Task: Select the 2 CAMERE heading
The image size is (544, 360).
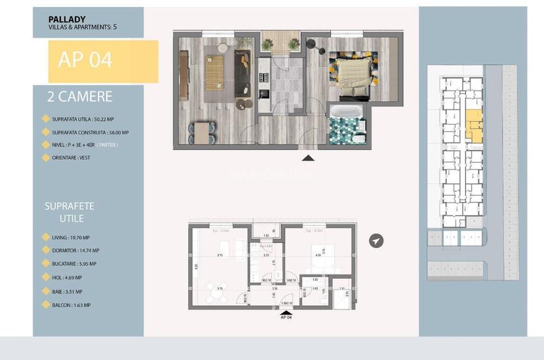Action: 80,97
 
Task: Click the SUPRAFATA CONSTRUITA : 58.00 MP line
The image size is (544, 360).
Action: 90,132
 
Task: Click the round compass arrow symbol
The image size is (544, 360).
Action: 377,240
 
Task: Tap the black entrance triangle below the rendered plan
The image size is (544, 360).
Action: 308,157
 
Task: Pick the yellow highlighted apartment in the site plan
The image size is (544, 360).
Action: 474,124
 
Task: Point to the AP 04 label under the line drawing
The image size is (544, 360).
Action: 286,317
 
